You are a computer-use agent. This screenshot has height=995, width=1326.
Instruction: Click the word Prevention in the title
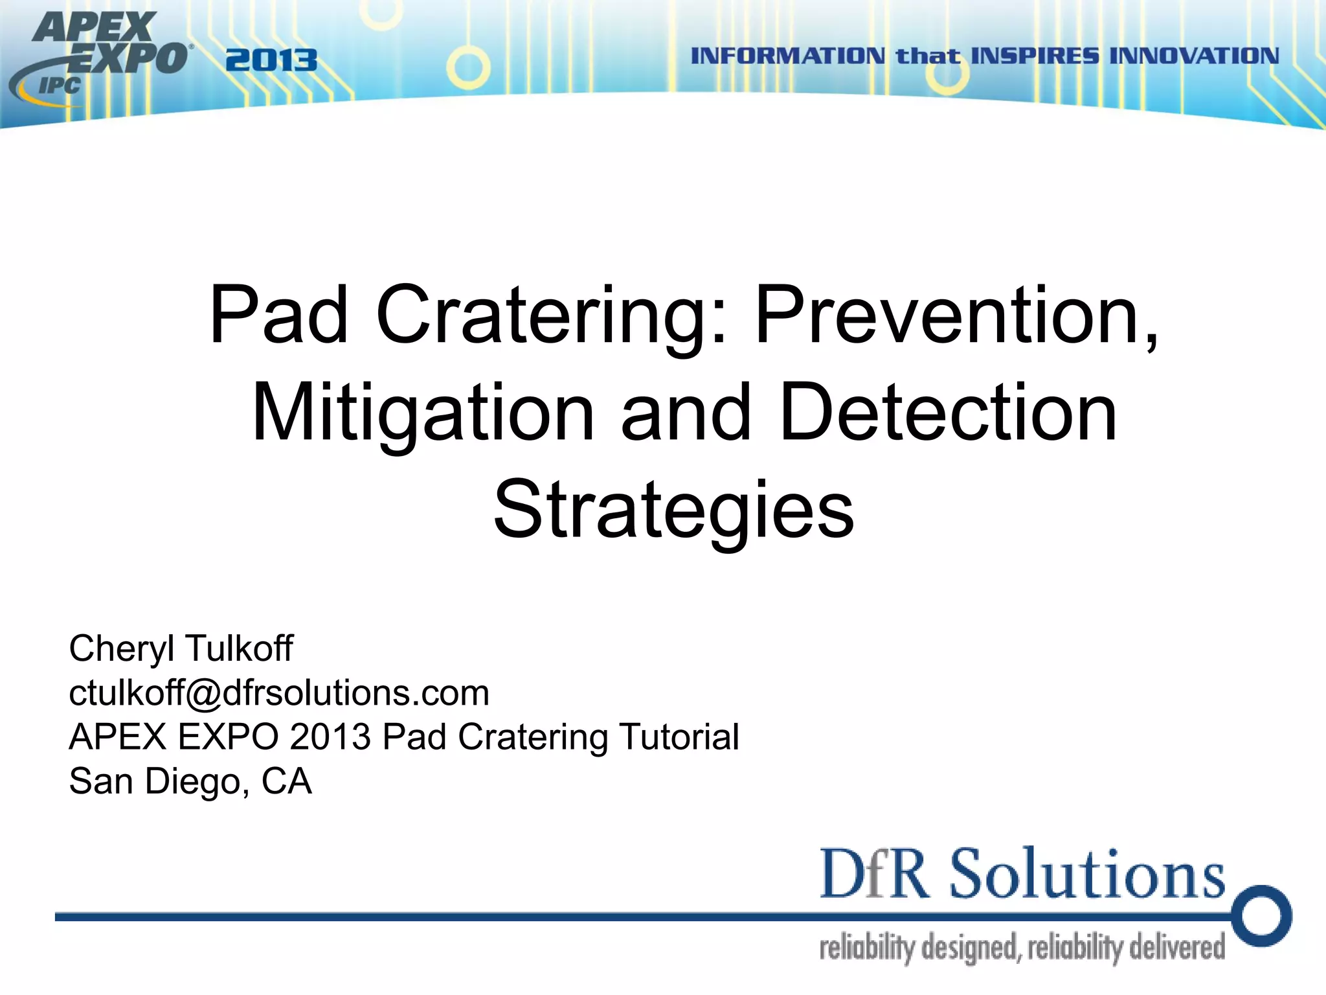tap(955, 315)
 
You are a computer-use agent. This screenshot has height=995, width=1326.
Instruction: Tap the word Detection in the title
tap(949, 413)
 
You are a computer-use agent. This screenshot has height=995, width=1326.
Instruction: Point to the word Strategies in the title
tap(673, 512)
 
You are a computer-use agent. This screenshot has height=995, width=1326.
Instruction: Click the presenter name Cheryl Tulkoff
tap(181, 648)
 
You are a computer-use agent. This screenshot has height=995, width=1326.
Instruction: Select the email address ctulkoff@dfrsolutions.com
tap(279, 692)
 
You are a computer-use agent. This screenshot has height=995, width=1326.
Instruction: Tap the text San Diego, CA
tap(190, 781)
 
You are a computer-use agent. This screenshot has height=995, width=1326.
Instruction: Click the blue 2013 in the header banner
tap(271, 61)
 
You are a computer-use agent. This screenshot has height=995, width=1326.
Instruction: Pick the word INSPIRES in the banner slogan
tap(1035, 56)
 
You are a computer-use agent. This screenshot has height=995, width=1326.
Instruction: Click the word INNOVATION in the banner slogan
tap(1195, 56)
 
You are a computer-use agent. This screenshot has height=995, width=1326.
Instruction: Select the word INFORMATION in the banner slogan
tap(787, 56)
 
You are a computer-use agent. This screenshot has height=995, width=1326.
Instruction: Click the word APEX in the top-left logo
tap(94, 27)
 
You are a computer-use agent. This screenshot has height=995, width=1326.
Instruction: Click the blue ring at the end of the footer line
tap(1262, 916)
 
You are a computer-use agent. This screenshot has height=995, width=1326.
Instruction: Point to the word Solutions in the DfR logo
tap(1087, 874)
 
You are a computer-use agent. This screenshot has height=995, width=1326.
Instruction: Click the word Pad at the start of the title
tap(279, 315)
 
